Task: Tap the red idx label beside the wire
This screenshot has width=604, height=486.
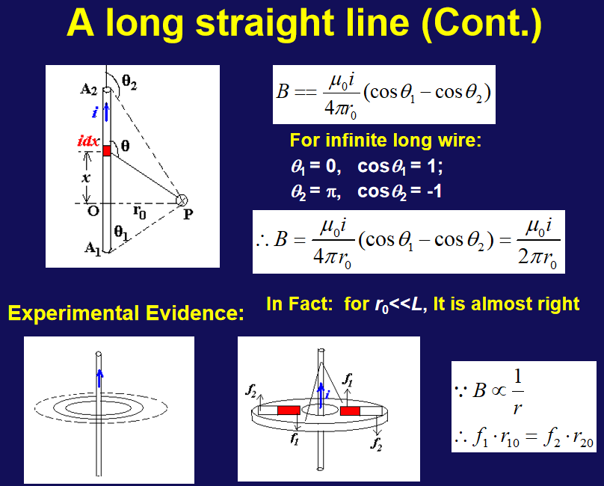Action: coord(89,141)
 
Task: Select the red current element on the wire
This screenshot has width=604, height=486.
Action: coord(107,151)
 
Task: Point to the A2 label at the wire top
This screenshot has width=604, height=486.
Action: coord(89,90)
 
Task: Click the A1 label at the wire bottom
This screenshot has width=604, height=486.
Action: coord(93,247)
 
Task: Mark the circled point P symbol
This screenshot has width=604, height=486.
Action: coord(182,200)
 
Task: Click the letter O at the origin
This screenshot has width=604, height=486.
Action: coord(93,211)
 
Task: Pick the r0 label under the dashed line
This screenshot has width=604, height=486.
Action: coord(140,212)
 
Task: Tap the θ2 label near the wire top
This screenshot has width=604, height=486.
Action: coord(129,82)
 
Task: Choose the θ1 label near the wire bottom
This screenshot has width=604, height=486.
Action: coord(121,233)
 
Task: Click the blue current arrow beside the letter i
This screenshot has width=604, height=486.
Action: coord(106,111)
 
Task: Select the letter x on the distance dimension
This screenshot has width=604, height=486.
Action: coord(86,178)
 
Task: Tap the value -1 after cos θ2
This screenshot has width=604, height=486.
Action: coord(434,191)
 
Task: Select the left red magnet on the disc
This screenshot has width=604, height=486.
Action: coord(289,410)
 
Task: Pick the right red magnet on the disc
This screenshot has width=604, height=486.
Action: coord(350,410)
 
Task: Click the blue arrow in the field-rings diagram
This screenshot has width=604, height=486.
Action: coord(99,378)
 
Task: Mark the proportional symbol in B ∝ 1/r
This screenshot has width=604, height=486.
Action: coord(499,391)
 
